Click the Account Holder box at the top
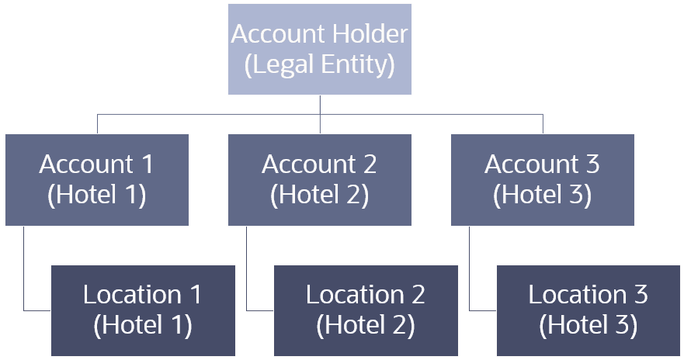[319, 50]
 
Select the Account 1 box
[97, 180]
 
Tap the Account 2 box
[319, 180]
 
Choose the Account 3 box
[542, 180]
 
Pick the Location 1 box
[143, 310]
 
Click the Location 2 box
[365, 310]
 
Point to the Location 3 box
[588, 310]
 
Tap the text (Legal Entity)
[319, 64]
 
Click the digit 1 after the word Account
[146, 165]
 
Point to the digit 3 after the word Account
[591, 165]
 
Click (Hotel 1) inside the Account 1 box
[97, 195]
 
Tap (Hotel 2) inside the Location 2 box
[365, 325]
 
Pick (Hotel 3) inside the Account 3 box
[542, 195]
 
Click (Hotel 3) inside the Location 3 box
[588, 325]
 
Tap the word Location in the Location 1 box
[132, 296]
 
